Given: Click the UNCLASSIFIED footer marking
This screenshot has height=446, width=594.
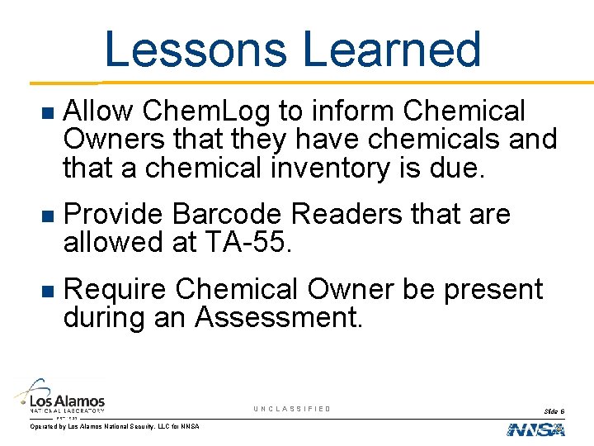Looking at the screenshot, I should (292, 409).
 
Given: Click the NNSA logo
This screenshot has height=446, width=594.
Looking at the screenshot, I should (535, 429).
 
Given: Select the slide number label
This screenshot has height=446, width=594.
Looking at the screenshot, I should (554, 410).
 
